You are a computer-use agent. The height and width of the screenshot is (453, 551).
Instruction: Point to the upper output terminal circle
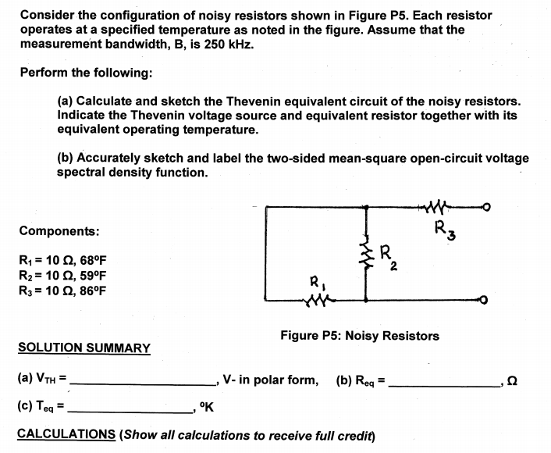(x=485, y=208)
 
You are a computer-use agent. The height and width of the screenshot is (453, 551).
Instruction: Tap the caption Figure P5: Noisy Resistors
(x=359, y=336)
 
